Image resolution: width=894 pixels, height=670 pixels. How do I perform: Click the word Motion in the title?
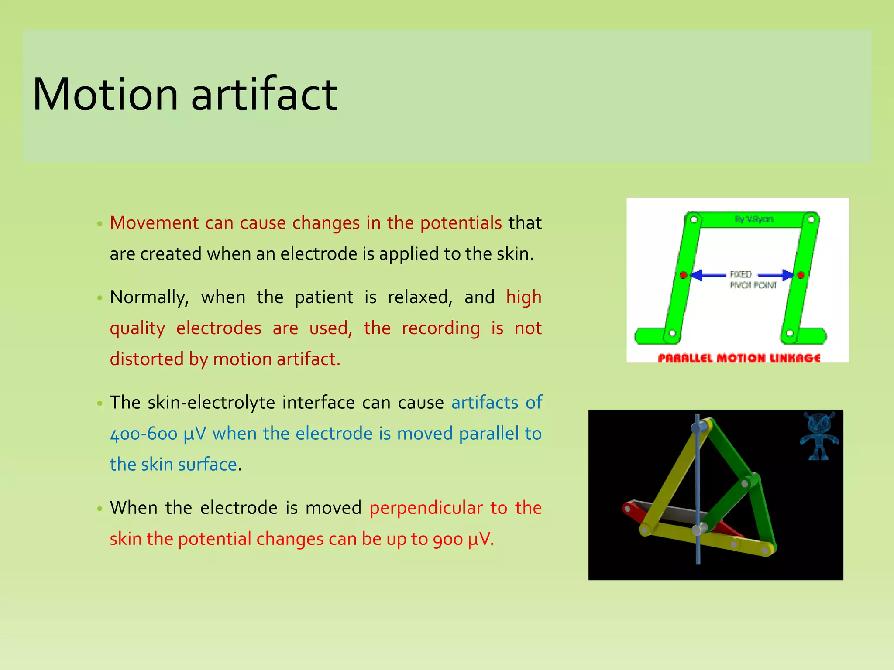[x=105, y=95]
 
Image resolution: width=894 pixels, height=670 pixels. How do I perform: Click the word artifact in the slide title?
[x=264, y=95]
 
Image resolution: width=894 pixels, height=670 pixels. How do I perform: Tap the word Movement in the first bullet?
[x=154, y=223]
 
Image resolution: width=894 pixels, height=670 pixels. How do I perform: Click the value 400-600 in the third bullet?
[x=144, y=434]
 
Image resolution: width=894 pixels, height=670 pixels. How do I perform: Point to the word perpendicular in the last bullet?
[x=426, y=508]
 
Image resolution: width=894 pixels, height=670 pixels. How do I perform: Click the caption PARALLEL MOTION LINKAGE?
[x=739, y=358]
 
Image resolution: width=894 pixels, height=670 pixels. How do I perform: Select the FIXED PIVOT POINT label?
[x=753, y=280]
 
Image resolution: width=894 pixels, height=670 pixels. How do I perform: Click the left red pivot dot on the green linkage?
[x=684, y=275]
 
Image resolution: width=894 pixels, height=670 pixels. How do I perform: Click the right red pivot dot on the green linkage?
[x=801, y=275]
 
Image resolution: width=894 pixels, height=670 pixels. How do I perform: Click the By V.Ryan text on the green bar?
[x=754, y=219]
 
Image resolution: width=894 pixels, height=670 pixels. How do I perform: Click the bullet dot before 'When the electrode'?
[x=100, y=509]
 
